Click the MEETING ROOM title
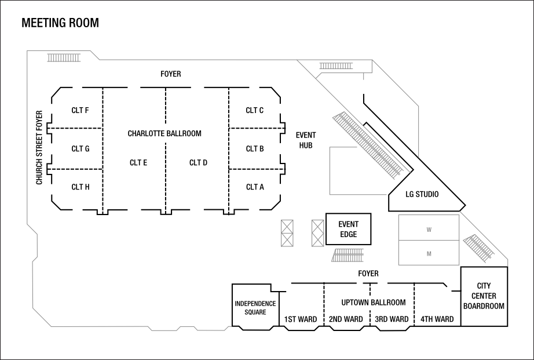click(60, 23)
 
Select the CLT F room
click(80, 110)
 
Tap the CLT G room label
click(80, 149)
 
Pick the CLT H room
click(80, 187)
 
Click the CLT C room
click(255, 110)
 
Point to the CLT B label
click(255, 149)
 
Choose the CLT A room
click(255, 187)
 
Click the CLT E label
click(138, 163)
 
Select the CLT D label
click(198, 163)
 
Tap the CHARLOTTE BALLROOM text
click(164, 133)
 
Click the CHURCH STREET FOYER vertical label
click(39, 147)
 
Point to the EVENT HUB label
click(306, 140)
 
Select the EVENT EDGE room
click(348, 229)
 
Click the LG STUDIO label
click(422, 194)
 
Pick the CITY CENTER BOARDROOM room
click(484, 296)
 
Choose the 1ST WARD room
click(300, 319)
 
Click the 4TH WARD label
click(437, 319)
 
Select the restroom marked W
click(429, 229)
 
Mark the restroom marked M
click(429, 253)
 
